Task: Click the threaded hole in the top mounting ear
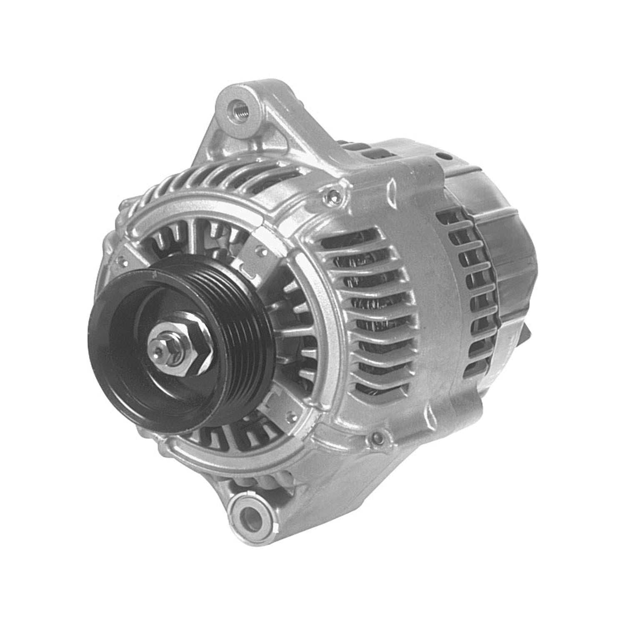[238, 109]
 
